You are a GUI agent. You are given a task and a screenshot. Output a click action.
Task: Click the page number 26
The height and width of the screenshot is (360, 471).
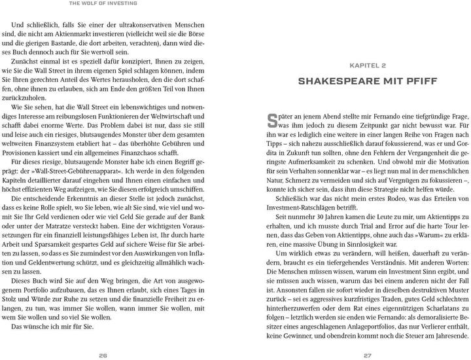click(103, 355)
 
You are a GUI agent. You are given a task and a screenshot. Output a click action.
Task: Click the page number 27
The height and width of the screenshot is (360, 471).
click(368, 355)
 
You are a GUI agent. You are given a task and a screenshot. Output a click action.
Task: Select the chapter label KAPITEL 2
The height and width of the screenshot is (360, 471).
click(368, 66)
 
